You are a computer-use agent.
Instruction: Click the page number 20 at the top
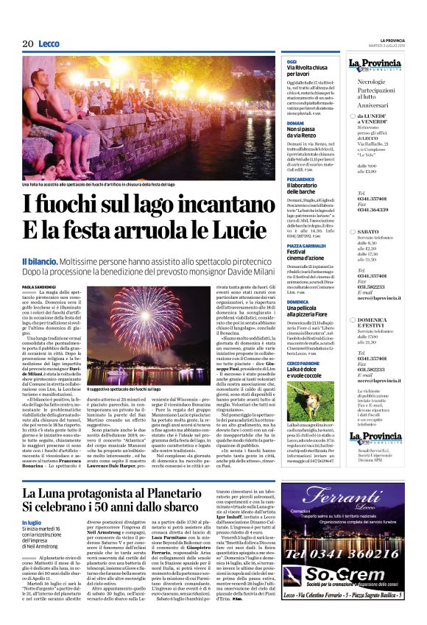pos(29,44)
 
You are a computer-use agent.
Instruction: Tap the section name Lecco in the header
pos(49,44)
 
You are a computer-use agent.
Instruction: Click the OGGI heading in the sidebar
pos(292,61)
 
